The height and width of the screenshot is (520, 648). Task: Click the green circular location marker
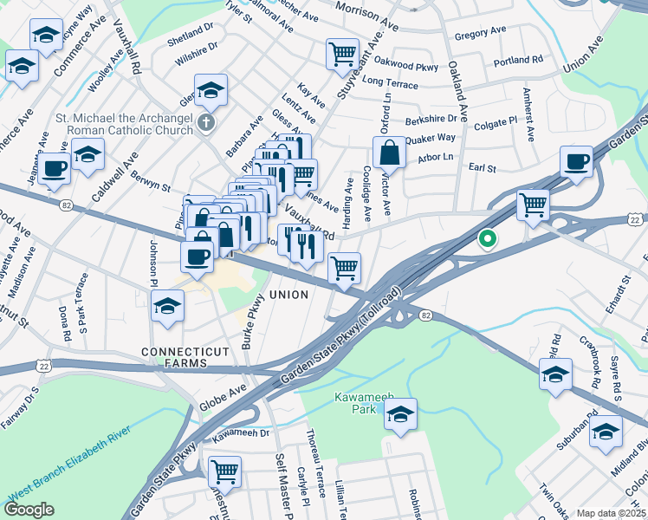(487, 237)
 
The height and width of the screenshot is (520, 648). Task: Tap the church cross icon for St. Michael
(205, 121)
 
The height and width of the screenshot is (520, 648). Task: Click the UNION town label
(288, 296)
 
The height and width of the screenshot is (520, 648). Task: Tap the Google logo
(29, 510)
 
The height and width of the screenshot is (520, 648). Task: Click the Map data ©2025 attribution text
(611, 513)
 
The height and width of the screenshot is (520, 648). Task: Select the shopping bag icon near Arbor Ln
(390, 153)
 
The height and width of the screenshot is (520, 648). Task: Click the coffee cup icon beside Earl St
(576, 161)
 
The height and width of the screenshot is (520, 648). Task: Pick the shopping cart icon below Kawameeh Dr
(224, 471)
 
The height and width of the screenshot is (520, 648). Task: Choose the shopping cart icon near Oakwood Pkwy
(342, 54)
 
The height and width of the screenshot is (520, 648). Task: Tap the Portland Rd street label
(517, 61)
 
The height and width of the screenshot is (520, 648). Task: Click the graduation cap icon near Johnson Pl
(167, 305)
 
